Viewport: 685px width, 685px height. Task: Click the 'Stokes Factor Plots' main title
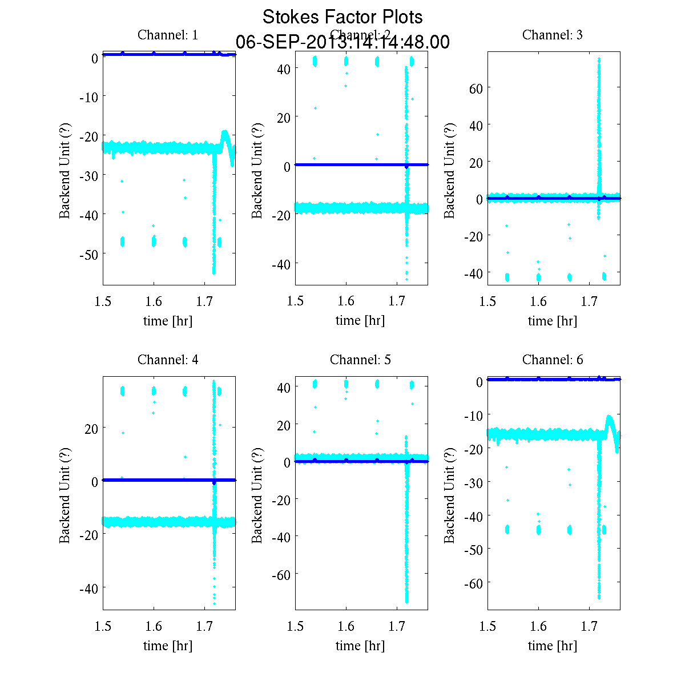tap(342, 17)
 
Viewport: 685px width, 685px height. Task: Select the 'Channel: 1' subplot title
tap(168, 35)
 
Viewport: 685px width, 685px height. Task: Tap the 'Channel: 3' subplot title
tap(553, 35)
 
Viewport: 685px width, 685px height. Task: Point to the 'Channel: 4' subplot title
tap(168, 360)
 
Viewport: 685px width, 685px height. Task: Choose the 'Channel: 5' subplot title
tap(360, 360)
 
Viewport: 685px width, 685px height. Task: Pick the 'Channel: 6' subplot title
tap(553, 360)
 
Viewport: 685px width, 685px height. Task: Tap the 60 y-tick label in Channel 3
tap(476, 88)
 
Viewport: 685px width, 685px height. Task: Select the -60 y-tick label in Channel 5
tap(281, 574)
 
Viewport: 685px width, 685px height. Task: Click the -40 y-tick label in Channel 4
tap(89, 588)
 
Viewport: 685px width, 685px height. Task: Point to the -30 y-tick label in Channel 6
tap(474, 482)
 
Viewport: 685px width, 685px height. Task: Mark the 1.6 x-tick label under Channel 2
tap(346, 301)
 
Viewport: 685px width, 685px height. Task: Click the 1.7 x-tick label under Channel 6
tap(589, 626)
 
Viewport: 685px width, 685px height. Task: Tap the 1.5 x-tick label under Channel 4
tap(103, 626)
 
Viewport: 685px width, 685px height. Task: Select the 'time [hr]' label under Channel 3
tap(553, 321)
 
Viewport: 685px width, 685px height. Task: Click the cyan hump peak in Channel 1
tap(225, 132)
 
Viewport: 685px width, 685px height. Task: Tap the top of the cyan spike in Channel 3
tap(599, 59)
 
